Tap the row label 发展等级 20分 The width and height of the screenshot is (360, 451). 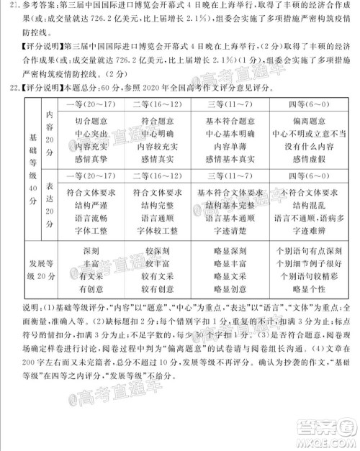point(32,270)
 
